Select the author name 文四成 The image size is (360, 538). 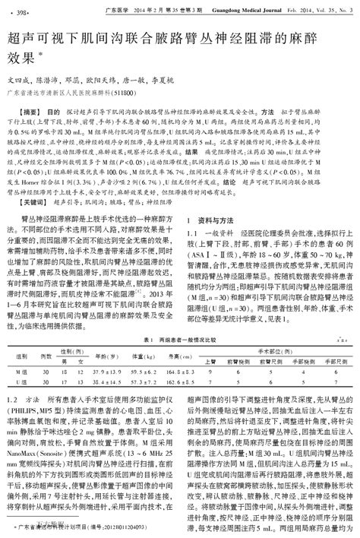18,78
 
